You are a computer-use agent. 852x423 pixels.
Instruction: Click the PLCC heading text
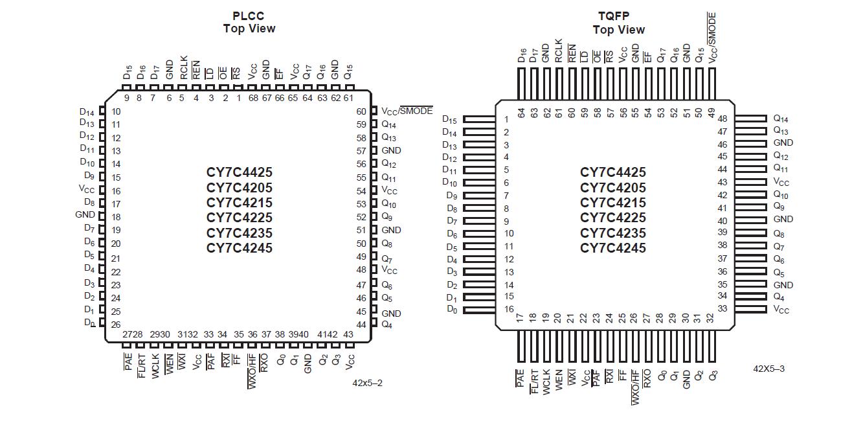pos(249,16)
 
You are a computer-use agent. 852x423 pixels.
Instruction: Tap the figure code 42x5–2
pos(367,383)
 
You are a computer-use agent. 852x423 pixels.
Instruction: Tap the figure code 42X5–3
pos(768,369)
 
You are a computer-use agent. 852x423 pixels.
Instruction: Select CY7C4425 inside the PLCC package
pos(240,172)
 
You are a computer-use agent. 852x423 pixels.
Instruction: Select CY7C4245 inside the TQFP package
pos(612,248)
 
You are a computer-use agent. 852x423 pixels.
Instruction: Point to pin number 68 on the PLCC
pos(252,98)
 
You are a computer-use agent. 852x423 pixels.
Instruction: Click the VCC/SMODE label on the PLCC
pos(407,111)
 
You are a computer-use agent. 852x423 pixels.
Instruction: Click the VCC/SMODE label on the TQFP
pos(713,37)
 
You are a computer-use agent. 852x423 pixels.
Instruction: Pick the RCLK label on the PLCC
pos(183,67)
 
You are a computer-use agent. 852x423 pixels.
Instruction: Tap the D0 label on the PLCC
pos(89,323)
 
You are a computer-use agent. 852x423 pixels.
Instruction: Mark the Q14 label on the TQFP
pos(780,119)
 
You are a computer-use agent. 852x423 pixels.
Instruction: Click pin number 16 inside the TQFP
pos(510,310)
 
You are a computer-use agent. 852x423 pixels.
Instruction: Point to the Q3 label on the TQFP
pos(713,375)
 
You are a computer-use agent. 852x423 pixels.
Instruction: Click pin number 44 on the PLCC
pos(361,325)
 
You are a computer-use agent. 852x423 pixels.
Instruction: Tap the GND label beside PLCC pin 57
pos(391,150)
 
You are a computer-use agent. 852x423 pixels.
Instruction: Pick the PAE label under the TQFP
pos(520,379)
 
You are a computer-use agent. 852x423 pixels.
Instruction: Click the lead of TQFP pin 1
pos(480,119)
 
